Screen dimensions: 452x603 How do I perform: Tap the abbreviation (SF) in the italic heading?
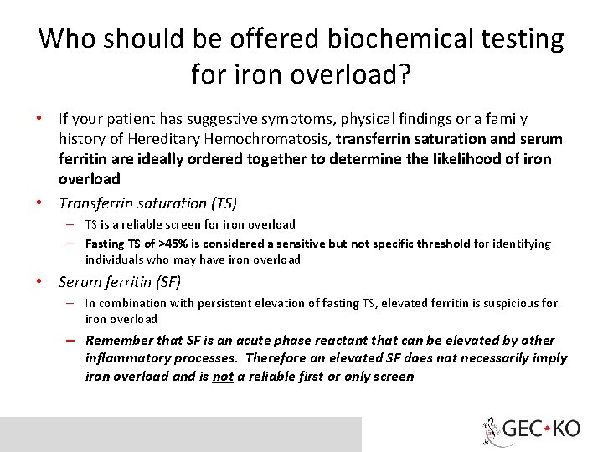165,282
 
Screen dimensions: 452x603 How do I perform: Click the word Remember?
119,340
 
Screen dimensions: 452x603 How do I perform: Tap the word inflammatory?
128,358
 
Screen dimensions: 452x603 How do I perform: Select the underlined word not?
222,377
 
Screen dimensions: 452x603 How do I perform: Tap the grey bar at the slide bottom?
180,434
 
